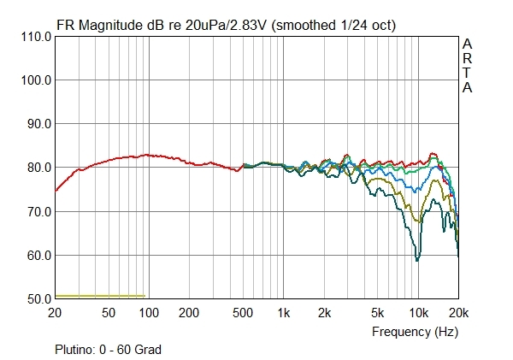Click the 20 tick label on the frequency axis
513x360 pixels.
pos(56,313)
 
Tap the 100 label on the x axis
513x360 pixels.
pos(149,313)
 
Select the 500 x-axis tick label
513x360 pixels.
pos(245,313)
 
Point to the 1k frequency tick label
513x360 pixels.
pos(284,313)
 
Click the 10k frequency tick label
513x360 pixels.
pos(418,313)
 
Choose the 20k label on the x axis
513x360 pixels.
pos(457,313)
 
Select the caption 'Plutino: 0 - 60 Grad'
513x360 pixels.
pos(108,349)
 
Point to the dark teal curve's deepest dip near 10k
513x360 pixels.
pos(416,259)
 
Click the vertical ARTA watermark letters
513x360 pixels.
pos(467,66)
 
